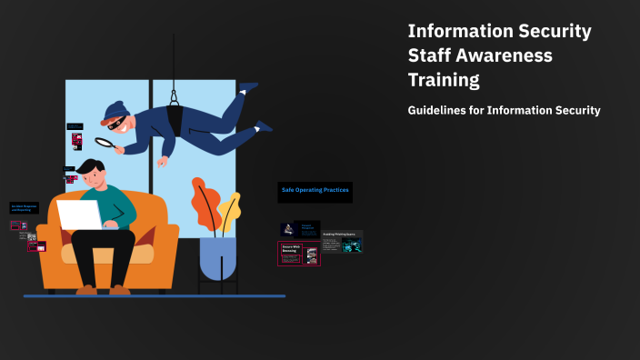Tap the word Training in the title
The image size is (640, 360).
pyautogui.click(x=444, y=80)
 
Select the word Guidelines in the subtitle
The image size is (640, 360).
pyautogui.click(x=438, y=111)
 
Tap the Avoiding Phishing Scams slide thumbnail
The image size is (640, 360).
pyautogui.click(x=342, y=241)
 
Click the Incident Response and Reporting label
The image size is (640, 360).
pyautogui.click(x=24, y=208)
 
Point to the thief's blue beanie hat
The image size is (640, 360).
pyautogui.click(x=114, y=110)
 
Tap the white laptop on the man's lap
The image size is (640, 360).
pyautogui.click(x=80, y=215)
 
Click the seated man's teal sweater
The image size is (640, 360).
pyautogui.click(x=120, y=205)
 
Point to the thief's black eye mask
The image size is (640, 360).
pyautogui.click(x=116, y=121)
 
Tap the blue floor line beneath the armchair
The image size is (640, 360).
pyautogui.click(x=155, y=295)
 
